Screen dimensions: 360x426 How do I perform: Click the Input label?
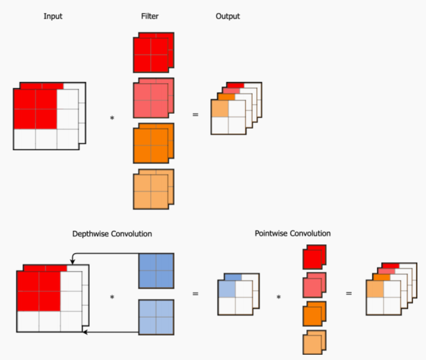[53, 17]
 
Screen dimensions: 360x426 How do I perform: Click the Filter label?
[150, 17]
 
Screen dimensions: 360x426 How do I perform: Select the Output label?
[228, 17]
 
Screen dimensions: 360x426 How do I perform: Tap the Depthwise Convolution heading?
[112, 234]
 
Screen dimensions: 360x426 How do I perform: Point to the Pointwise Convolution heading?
[293, 233]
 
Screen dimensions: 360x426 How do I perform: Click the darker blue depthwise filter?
[156, 270]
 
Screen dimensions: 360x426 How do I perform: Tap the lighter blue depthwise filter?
[156, 317]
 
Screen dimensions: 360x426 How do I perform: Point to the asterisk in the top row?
[112, 118]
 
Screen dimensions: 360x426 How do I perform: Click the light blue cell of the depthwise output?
[227, 289]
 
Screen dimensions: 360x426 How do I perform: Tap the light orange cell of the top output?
[219, 109]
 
